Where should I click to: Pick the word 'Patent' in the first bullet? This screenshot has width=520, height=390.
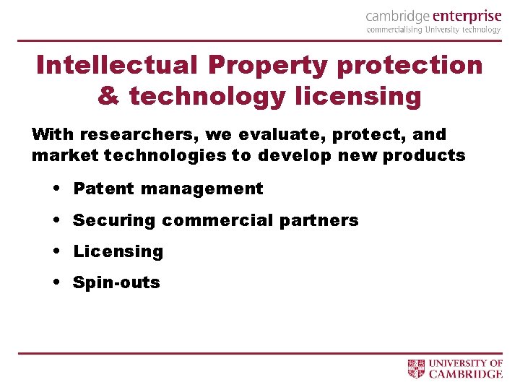click(104, 189)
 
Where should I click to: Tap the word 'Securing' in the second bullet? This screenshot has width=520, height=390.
click(114, 220)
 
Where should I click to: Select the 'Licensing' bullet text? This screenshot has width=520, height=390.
click(118, 252)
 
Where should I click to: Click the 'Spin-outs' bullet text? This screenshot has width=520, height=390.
click(116, 282)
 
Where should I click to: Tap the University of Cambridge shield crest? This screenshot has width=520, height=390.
click(417, 368)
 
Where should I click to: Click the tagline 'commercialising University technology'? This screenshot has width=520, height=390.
click(433, 30)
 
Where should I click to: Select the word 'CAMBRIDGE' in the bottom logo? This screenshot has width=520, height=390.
click(466, 374)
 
